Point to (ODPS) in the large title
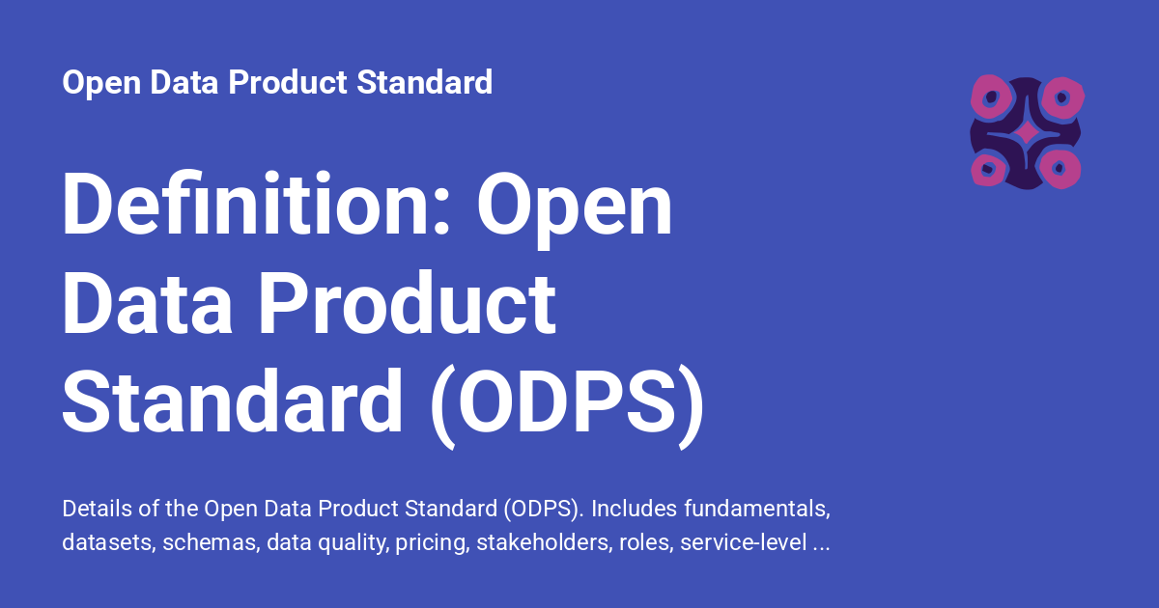coord(567,406)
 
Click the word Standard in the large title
coord(232,401)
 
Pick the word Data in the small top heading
coord(184,82)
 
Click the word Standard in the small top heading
coord(424,82)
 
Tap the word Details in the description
coord(97,509)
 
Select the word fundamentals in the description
coord(757,510)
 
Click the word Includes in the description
coord(634,509)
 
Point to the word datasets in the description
coord(109,542)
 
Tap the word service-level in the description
coord(743,542)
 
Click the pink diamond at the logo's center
coord(1026,133)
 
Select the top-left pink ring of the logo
coord(990,97)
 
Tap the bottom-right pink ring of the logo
coord(1060,169)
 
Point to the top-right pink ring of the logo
coord(1062,97)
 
